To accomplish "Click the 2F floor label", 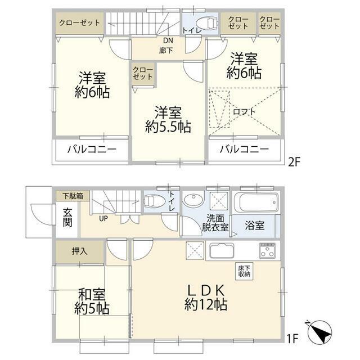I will coord(295,162).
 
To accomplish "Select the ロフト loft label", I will coord(245,111).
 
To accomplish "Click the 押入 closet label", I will coord(79,250).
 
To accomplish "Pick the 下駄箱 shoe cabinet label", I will coord(72,196).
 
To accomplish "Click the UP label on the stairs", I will coord(103,218).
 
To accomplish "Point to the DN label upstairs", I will coord(168,41).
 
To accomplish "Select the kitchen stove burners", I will coord(267,249).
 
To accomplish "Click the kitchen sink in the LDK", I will coord(224,250).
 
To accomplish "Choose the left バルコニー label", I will coord(92,150).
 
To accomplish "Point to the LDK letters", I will coord(206,290).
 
